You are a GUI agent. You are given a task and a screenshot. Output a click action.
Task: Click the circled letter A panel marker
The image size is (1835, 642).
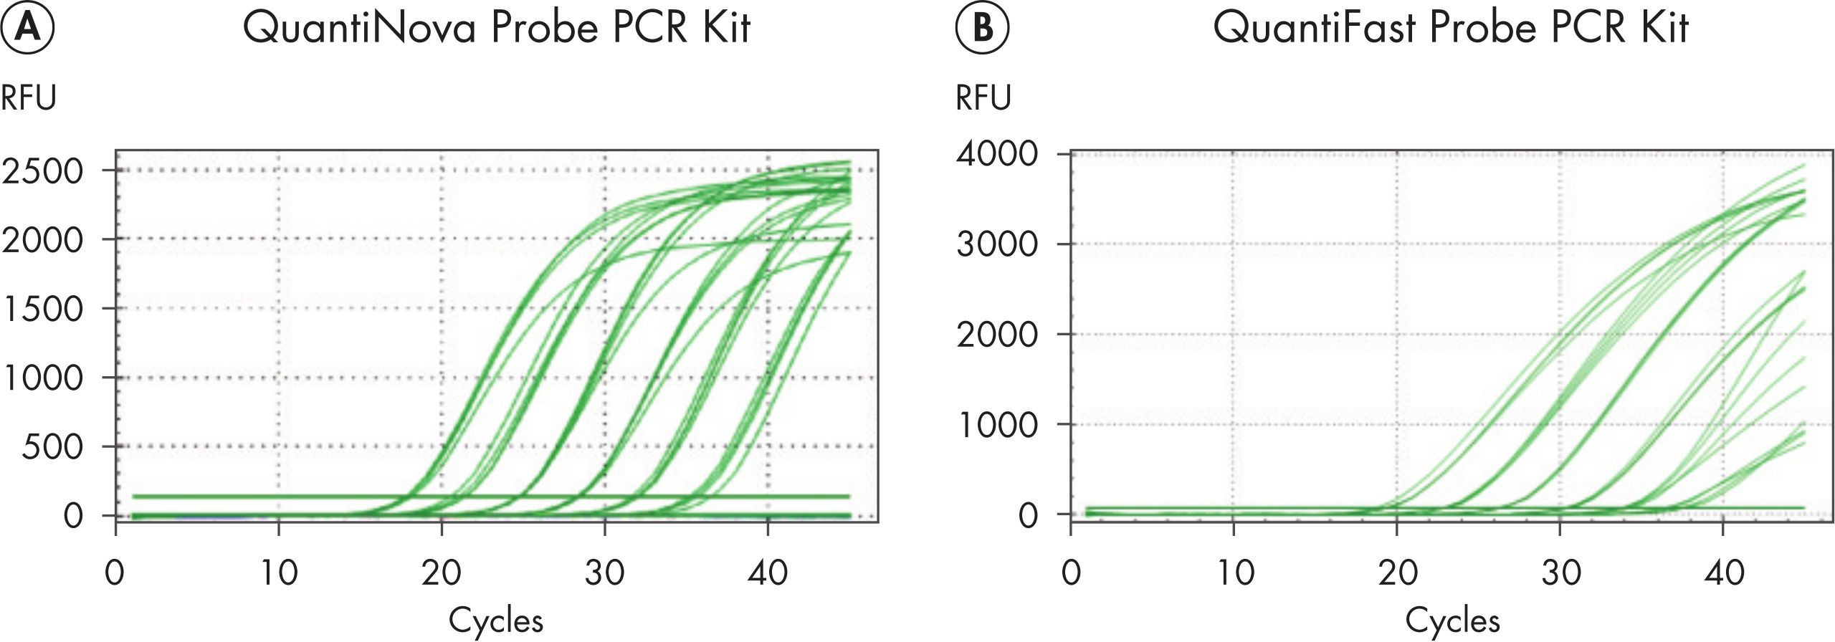27,28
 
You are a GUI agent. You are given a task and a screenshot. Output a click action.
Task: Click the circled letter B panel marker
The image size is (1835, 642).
983,28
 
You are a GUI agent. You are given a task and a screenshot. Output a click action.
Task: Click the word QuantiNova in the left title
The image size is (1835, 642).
359,28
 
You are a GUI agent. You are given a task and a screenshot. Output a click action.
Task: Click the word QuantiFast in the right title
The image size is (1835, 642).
1313,28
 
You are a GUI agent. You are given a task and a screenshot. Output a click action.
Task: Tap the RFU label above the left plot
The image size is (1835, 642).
28,97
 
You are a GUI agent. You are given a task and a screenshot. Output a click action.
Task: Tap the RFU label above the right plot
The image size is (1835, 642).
983,97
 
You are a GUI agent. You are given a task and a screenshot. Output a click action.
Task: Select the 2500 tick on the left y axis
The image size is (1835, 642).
43,171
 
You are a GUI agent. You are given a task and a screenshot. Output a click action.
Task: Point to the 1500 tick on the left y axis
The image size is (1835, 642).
43,309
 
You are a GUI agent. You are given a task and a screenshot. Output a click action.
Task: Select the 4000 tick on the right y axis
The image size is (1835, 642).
997,153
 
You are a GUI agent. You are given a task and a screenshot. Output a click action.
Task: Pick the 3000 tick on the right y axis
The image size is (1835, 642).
997,244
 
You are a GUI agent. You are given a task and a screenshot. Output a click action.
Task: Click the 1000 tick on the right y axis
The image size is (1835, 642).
997,425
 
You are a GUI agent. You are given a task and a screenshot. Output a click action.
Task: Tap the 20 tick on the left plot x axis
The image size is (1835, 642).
441,572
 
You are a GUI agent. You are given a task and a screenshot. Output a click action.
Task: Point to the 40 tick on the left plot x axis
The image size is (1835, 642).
768,572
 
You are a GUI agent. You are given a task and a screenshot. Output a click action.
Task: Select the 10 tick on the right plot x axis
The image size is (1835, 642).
1234,572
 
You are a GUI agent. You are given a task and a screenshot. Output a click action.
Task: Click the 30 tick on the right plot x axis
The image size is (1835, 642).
1561,572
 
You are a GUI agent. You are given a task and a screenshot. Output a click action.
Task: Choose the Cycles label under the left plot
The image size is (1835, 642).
495,621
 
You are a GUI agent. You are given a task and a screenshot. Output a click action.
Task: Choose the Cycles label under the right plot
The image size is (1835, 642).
1452,621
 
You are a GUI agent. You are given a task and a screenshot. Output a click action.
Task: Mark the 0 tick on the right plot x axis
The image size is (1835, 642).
1071,572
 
